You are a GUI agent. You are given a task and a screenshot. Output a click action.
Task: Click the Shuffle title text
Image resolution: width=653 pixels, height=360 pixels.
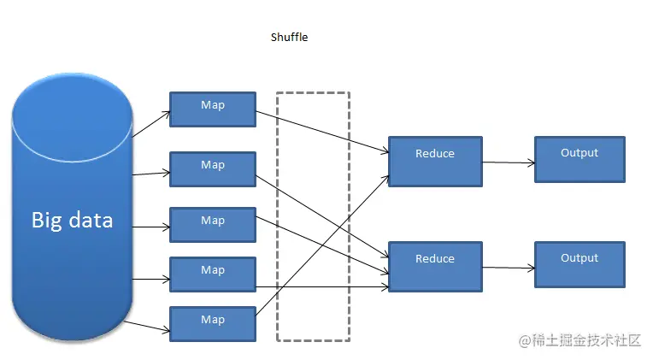(x=289, y=37)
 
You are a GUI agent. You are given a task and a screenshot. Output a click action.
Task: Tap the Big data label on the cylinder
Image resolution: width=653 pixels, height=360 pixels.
(x=72, y=220)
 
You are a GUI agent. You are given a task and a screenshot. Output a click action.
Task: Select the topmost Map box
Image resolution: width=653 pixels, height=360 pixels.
(x=213, y=109)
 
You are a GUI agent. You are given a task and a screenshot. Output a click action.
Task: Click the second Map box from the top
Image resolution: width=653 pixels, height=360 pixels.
(x=213, y=169)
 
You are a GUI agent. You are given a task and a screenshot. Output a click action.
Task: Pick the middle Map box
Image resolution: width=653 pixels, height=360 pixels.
(x=213, y=225)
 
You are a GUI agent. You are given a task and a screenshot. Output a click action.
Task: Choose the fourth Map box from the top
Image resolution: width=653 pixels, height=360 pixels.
(x=213, y=274)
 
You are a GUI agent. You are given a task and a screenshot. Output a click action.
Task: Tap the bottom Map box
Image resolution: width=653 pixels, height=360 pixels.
(x=213, y=324)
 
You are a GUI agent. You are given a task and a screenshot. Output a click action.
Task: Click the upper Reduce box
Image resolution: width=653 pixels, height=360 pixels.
(x=435, y=162)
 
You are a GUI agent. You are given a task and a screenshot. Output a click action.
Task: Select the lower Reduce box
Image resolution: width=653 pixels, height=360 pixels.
(x=435, y=267)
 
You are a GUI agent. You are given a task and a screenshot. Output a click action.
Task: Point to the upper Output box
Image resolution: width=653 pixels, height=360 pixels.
(x=579, y=159)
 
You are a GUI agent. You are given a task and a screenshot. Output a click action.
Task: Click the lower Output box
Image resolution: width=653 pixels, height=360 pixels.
(x=579, y=264)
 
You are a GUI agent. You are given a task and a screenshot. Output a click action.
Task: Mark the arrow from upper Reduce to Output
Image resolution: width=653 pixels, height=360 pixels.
(x=509, y=162)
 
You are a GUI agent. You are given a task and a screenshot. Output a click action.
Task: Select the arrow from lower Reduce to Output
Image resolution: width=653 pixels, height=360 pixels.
(x=509, y=268)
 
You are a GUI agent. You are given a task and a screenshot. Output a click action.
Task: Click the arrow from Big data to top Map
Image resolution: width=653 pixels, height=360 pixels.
(x=151, y=124)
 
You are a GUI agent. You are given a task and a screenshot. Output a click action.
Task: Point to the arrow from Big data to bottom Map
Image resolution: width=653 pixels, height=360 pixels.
(x=147, y=327)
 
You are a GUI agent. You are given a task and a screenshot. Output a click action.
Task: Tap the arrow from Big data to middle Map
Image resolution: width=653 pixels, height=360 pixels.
(x=151, y=227)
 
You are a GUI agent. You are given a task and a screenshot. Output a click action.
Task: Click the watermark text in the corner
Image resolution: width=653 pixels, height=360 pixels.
(x=579, y=340)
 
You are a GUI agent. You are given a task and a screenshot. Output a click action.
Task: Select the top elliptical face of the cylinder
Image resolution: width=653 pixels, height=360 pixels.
(x=72, y=117)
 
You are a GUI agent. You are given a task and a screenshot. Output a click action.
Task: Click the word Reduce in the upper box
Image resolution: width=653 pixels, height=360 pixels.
(x=435, y=153)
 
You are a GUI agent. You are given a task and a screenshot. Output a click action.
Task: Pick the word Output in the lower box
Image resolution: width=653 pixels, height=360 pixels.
(x=579, y=258)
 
